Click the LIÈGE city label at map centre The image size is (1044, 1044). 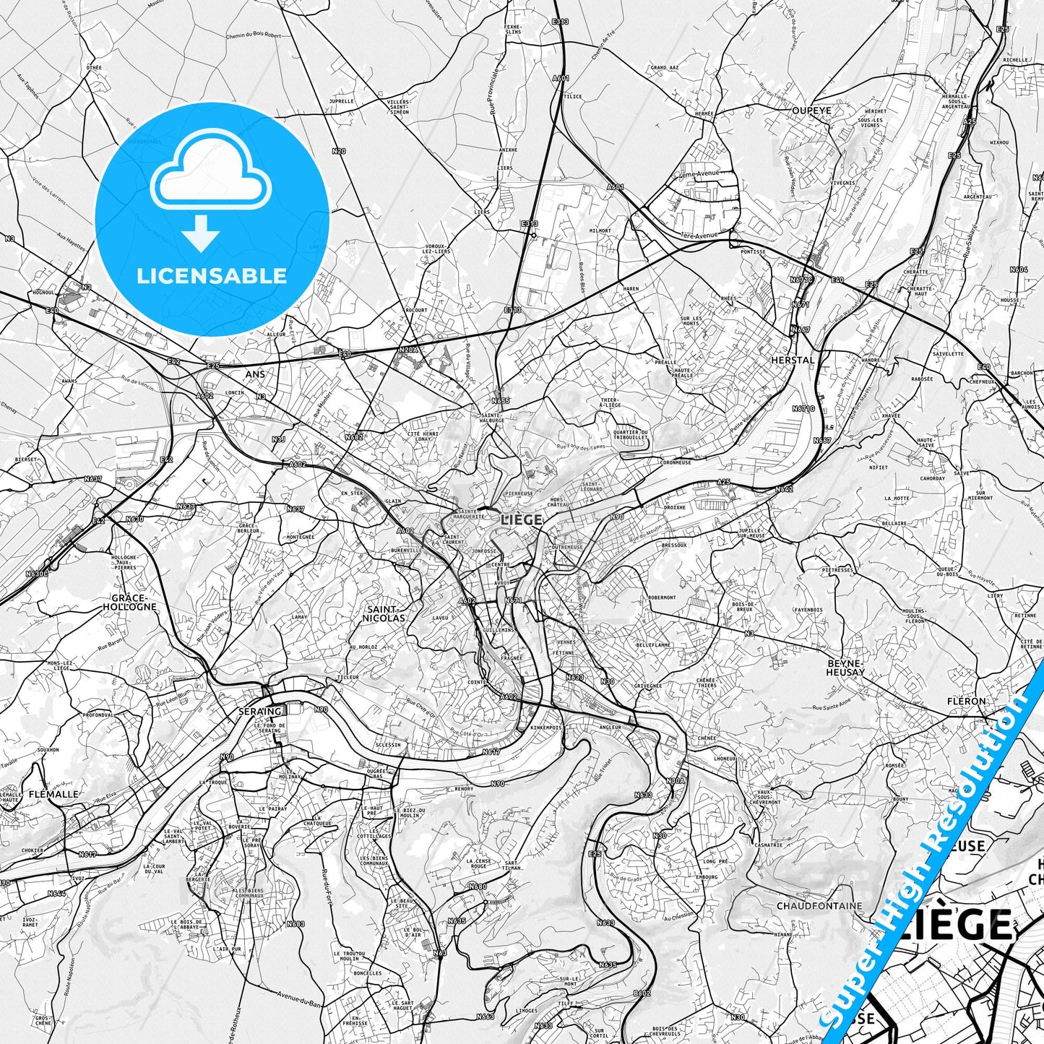(521, 518)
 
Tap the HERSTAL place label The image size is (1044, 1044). (792, 360)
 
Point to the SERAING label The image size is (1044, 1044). (259, 712)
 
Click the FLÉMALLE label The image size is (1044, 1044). (55, 794)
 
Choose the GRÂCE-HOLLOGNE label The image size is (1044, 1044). (134, 603)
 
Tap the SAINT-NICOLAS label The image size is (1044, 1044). (385, 613)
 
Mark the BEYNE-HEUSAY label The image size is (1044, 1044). (845, 667)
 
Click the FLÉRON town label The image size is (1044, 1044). (967, 701)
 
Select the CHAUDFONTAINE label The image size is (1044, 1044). (819, 905)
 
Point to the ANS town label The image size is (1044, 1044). (255, 374)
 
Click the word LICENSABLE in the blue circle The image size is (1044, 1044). (212, 276)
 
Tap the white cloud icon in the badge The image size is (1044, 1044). (211, 173)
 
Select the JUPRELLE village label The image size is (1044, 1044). (341, 101)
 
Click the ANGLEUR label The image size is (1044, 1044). (611, 727)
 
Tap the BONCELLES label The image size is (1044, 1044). (368, 973)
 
